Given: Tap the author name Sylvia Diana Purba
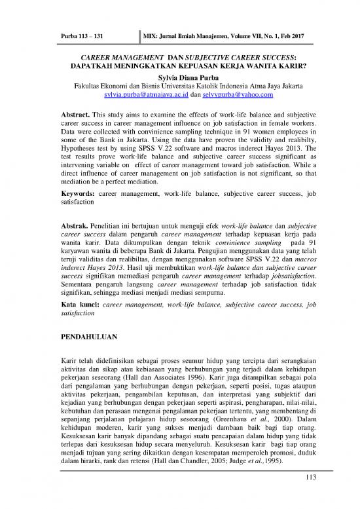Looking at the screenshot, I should [180, 76].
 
